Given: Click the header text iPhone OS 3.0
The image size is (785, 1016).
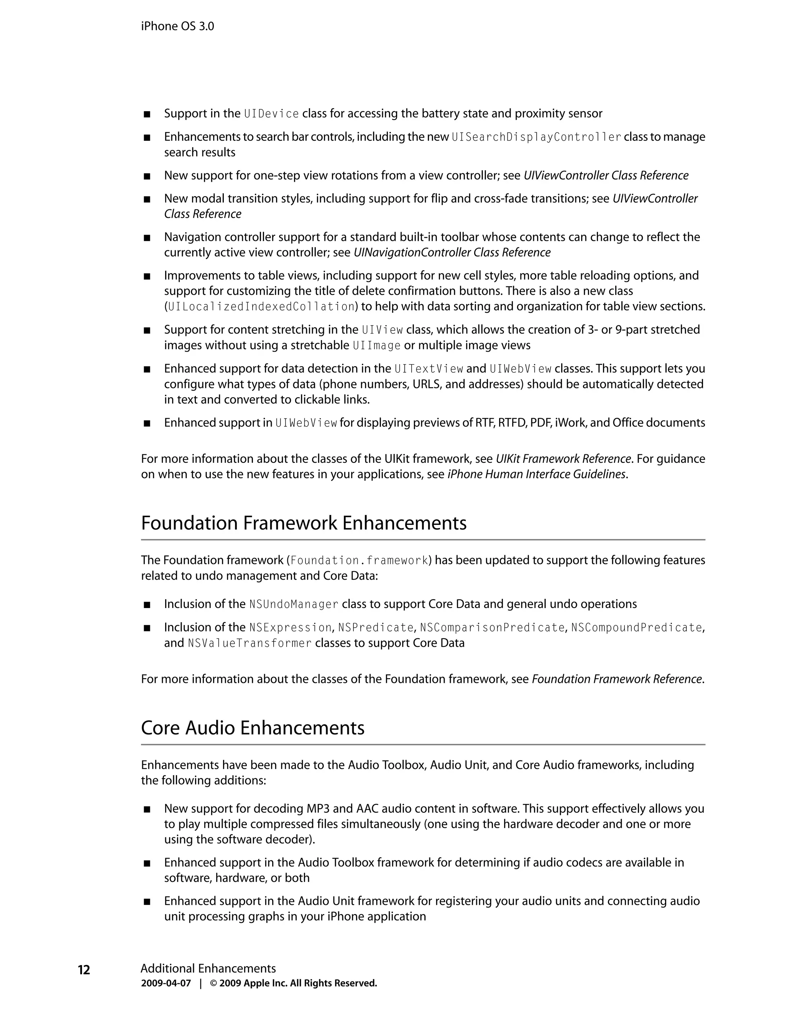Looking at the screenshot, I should click(177, 26).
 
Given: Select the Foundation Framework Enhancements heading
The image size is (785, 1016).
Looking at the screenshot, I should click(303, 523).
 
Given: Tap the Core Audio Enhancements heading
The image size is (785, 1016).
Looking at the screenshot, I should click(253, 728).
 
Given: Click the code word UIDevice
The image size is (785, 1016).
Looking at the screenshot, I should click(271, 114).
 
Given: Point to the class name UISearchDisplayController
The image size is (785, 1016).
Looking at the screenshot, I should click(536, 137).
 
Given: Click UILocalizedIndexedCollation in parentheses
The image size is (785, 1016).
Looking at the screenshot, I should click(261, 307).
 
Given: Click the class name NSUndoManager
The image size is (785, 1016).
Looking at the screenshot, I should click(294, 604).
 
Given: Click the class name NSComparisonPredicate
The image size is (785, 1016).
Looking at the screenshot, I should click(492, 628).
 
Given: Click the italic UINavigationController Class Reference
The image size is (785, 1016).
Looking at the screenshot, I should click(452, 253).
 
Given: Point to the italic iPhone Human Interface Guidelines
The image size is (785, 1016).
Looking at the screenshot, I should click(536, 475).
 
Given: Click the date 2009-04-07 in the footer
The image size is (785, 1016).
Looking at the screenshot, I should click(166, 983).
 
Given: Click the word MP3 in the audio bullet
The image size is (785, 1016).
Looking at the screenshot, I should click(318, 809).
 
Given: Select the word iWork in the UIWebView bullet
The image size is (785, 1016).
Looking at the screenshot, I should click(571, 423).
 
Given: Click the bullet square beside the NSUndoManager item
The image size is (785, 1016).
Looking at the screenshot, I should click(147, 605).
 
